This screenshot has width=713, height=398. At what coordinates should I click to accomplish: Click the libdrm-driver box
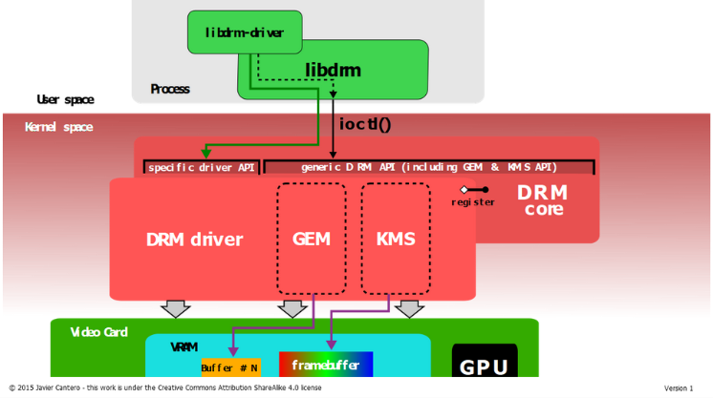tap(245, 32)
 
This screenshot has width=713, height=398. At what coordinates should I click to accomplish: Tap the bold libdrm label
tap(333, 70)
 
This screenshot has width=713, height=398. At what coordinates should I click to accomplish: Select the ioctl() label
tap(365, 123)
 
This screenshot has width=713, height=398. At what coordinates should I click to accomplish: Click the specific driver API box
tap(202, 167)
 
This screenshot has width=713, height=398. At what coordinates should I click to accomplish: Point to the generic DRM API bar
tap(429, 167)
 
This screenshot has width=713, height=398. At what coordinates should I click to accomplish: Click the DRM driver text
tap(195, 240)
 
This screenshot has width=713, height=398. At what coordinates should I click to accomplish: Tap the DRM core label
tap(543, 199)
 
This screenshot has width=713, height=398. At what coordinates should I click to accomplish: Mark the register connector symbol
tap(475, 190)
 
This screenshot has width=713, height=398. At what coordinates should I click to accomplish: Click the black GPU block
tap(485, 360)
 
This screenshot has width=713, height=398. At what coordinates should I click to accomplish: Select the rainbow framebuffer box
tap(326, 364)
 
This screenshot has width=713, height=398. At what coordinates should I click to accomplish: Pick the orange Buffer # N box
tap(231, 367)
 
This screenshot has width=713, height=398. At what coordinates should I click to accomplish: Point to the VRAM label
tap(184, 347)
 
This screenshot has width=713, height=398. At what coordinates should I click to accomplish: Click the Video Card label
tap(98, 332)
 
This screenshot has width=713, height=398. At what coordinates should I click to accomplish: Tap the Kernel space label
tap(58, 127)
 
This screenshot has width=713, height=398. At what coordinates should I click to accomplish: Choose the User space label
tap(66, 99)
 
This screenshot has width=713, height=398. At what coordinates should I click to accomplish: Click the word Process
tap(170, 89)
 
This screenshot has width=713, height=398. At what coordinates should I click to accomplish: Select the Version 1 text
tap(679, 388)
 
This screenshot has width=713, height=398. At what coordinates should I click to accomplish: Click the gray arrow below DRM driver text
tap(176, 308)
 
